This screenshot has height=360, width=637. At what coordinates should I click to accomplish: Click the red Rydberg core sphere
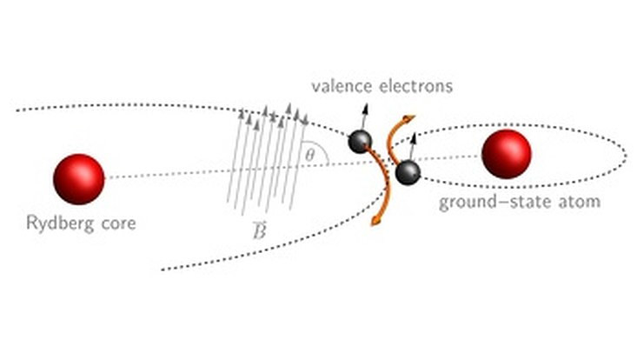pyautogui.click(x=79, y=179)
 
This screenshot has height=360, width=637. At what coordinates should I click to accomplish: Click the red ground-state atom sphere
pyautogui.click(x=507, y=154)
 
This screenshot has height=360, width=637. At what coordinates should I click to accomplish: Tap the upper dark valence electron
pyautogui.click(x=360, y=142)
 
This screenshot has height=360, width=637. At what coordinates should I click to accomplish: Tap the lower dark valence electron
pyautogui.click(x=408, y=172)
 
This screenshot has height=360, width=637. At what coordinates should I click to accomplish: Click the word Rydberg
pyautogui.click(x=59, y=223)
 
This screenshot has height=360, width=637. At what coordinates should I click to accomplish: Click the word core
pyautogui.click(x=118, y=224)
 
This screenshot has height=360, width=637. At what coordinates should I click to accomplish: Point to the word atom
pyautogui.click(x=580, y=202)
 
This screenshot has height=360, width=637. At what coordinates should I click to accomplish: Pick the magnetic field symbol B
pyautogui.click(x=260, y=230)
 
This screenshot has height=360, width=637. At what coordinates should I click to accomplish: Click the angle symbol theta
pyautogui.click(x=309, y=155)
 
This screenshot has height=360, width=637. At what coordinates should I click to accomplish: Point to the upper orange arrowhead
pyautogui.click(x=408, y=118)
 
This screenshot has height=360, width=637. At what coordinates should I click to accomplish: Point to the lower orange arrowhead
pyautogui.click(x=375, y=221)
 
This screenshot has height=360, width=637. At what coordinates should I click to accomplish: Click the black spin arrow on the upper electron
pyautogui.click(x=363, y=117)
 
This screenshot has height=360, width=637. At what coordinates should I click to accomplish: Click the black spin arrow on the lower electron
pyautogui.click(x=412, y=147)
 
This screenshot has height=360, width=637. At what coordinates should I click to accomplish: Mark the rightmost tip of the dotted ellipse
pyautogui.click(x=626, y=156)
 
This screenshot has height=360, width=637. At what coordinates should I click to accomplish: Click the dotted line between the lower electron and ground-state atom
pyautogui.click(x=450, y=157)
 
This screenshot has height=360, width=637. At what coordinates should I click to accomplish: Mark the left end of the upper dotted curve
pyautogui.click(x=18, y=110)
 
